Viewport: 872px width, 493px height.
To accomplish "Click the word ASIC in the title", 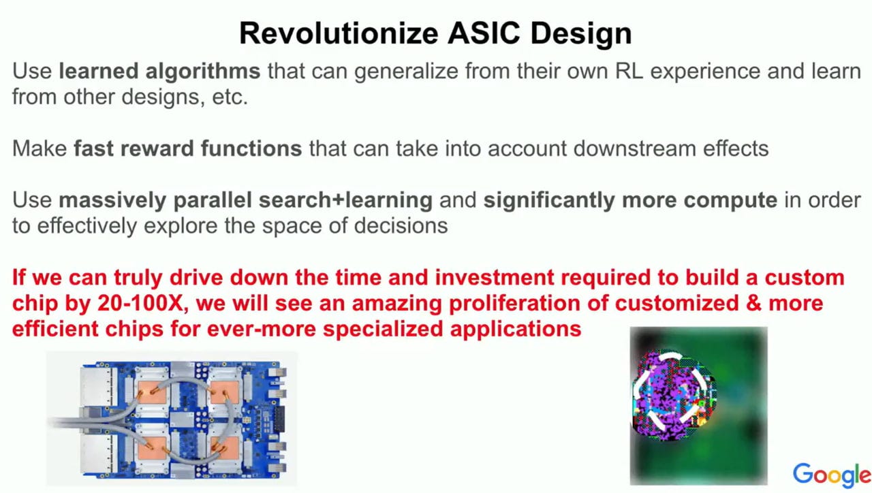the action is coord(484,33).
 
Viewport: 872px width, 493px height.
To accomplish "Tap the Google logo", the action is coord(832,475).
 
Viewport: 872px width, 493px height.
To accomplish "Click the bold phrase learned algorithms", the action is coord(159,71).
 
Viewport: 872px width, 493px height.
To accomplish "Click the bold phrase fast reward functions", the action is coord(188,148).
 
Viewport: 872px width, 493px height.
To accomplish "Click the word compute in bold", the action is coord(730,201).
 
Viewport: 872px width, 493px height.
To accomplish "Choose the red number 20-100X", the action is coord(143,303).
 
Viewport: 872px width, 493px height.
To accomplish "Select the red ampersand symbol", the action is coord(753,303).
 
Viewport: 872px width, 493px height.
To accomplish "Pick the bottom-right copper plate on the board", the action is coord(225,448).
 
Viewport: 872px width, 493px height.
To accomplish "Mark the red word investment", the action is coord(495,278).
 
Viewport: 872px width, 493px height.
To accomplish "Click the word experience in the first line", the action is coord(705,72).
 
